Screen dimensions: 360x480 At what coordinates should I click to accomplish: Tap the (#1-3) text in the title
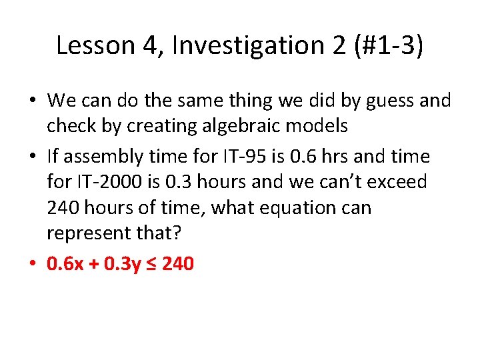388,45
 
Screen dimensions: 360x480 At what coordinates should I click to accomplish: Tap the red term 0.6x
65,264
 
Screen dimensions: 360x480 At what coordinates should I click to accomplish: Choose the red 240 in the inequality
177,264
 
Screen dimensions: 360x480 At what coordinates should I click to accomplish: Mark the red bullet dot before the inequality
33,265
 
